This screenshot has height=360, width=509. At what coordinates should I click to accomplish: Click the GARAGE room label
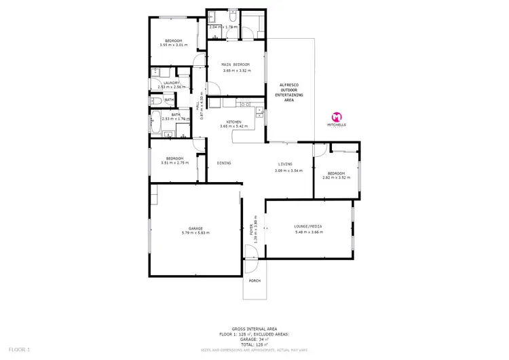point(195,228)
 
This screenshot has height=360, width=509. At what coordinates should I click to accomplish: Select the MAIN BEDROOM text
point(235,65)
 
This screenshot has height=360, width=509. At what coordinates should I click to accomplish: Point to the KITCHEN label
point(235,122)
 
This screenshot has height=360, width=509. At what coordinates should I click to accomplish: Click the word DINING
point(223,163)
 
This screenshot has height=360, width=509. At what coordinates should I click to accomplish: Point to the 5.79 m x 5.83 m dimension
point(195,233)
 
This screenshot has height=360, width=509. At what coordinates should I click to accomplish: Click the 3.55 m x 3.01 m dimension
point(173,46)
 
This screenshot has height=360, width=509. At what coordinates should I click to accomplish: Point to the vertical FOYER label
point(252,230)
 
